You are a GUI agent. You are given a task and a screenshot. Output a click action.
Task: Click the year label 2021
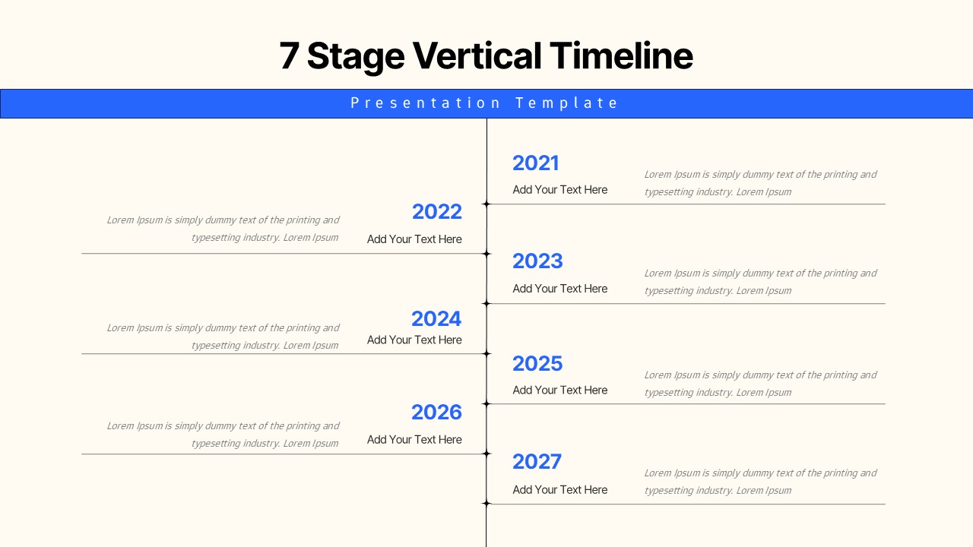pos(535,163)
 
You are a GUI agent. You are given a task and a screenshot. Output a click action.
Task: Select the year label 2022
pos(436,212)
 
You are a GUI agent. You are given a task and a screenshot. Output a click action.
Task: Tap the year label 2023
pos(537,261)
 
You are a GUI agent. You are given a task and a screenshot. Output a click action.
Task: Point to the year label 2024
pos(436,319)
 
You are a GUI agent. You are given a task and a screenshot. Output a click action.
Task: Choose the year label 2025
pos(537,364)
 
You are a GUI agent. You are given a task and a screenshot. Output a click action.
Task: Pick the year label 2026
pos(436,413)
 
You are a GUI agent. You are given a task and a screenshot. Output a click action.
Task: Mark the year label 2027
pos(537,462)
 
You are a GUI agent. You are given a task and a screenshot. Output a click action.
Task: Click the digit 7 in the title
pos(289,56)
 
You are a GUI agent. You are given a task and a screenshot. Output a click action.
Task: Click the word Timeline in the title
pos(621,56)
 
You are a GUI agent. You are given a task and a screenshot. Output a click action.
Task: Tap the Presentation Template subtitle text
pos(485,103)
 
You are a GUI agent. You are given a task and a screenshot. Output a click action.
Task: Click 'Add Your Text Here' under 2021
pos(560,190)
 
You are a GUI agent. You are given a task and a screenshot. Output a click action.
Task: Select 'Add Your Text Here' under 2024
pos(414,340)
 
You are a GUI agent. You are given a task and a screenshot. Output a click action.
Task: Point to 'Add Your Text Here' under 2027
pos(560,490)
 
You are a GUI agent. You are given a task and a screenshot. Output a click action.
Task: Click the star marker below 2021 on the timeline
pos(486,204)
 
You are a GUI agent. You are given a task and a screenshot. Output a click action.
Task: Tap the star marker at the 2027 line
pos(486,504)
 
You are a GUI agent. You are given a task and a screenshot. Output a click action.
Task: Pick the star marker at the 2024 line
pos(486,354)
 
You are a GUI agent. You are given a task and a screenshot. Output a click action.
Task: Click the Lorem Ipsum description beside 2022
pos(223,229)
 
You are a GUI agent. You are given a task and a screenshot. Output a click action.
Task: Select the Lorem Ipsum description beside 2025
pos(760,384)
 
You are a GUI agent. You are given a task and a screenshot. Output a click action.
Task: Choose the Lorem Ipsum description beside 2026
pos(223,435)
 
